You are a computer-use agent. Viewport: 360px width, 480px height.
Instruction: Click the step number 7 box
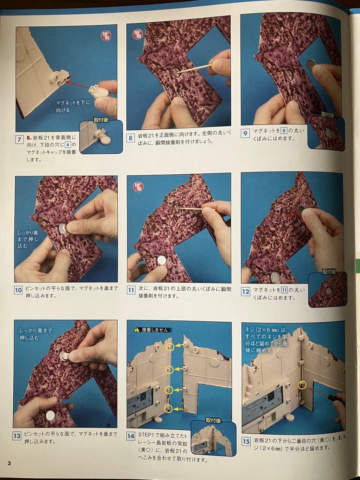point(19,140)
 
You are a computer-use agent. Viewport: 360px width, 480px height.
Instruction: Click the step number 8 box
point(131,138)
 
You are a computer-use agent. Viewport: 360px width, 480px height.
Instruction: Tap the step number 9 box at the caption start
point(245,133)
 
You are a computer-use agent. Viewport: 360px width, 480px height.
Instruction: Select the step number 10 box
point(18,290)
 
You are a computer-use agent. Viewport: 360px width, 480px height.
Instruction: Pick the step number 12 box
point(245,292)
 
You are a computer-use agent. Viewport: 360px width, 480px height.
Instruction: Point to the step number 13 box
point(17,436)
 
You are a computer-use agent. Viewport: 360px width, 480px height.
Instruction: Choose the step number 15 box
point(246,442)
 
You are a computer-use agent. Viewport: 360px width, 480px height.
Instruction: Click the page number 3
point(9,463)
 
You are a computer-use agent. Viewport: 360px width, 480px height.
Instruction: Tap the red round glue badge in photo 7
point(106,36)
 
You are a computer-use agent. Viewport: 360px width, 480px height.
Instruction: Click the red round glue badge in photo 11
point(138,186)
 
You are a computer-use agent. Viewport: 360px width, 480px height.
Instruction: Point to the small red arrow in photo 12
point(291,215)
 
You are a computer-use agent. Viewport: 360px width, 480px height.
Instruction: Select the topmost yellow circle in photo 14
point(170,347)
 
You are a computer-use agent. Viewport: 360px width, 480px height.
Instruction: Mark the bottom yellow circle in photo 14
point(168,408)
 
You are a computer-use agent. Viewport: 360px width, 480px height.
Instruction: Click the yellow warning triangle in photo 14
point(137,330)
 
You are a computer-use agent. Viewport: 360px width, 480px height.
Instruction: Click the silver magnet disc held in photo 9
point(311,65)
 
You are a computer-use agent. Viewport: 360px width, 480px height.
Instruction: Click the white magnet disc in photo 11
point(161,260)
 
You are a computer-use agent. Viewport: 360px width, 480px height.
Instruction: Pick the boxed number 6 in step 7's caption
point(68,144)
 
